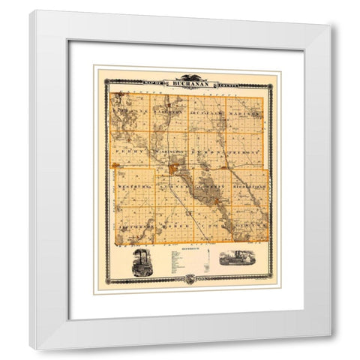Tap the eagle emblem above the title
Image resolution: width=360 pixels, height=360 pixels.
[188, 76]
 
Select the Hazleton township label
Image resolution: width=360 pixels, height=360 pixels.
[174, 110]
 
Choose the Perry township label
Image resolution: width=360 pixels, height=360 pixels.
[129, 150]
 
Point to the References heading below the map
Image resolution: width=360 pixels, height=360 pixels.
[188, 248]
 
